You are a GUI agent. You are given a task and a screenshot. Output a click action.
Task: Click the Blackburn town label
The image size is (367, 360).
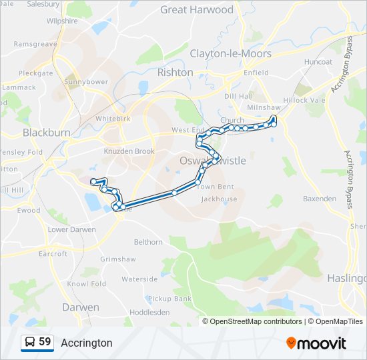tap(46, 133)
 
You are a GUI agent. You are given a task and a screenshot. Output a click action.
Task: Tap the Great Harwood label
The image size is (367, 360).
tap(197, 10)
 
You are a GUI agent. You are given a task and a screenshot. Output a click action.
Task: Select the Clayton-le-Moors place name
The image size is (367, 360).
tap(230, 53)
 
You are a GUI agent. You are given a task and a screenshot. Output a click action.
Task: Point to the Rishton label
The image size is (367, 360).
tap(175, 72)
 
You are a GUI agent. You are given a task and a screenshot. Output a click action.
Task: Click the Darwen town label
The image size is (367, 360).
tap(80, 307)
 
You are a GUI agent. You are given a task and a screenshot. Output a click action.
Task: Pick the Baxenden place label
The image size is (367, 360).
tap(320, 199)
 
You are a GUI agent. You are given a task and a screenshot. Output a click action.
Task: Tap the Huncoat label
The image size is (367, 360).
tap(318, 62)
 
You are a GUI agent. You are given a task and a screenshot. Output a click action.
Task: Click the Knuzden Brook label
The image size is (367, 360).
tap(129, 151)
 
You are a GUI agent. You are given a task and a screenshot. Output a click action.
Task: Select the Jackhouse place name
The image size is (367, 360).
tap(219, 199)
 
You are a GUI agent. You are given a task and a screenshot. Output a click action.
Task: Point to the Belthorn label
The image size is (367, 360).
tap(148, 242)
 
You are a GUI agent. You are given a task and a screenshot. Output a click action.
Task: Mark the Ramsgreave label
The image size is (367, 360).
tap(35, 44)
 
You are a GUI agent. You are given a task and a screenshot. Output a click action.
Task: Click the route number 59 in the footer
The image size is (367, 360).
tap(45, 342)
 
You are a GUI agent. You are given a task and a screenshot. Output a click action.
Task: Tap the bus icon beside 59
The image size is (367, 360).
tap(30, 343)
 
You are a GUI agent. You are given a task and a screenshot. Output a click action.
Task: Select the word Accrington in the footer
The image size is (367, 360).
tap(87, 343)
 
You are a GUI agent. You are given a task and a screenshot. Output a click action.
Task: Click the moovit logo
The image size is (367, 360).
tap(316, 343)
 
